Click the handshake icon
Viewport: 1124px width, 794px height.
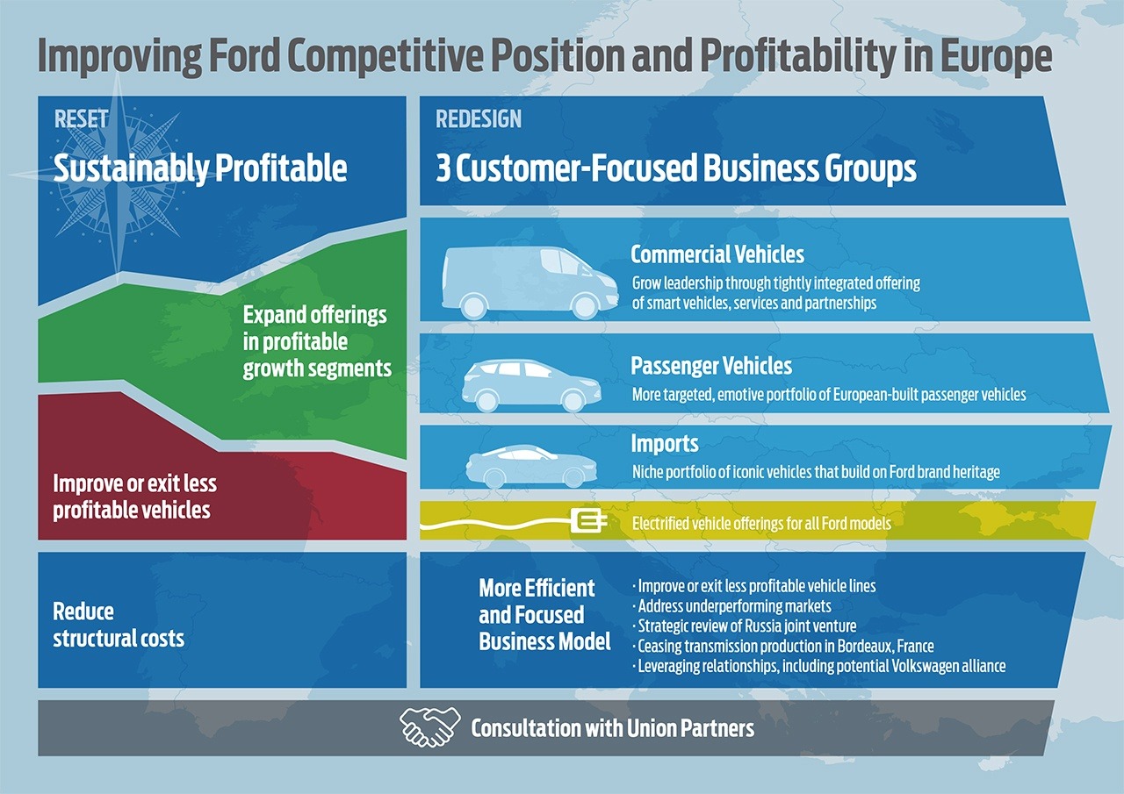[429, 727]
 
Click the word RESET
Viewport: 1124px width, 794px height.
[82, 119]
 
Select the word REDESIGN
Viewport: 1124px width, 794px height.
[479, 119]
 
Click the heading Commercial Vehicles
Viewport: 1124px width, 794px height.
[717, 255]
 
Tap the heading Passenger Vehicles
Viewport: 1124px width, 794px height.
[711, 366]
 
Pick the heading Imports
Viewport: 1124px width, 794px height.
[665, 444]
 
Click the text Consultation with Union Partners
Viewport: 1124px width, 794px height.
[612, 728]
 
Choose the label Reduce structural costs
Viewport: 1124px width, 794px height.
[119, 625]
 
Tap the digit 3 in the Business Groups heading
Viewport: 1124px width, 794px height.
[443, 168]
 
